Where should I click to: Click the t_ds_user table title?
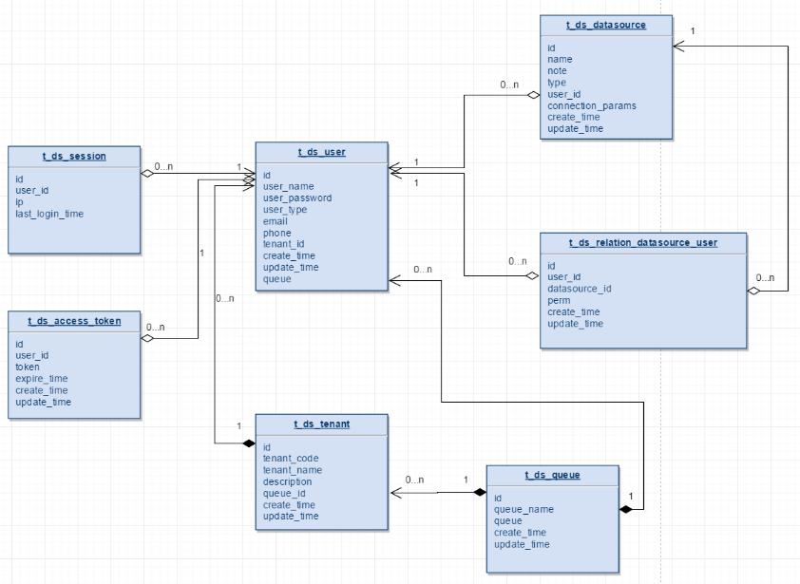pos(321,152)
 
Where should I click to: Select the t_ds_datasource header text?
pos(606,25)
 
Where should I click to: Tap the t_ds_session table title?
pos(74,156)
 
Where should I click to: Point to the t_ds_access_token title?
pos(74,321)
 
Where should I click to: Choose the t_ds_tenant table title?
pos(321,424)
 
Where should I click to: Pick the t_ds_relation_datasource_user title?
pos(643,242)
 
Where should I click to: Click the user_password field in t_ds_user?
pos(296,198)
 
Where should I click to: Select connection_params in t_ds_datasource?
pos(591,105)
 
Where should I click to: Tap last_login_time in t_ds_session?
pos(49,214)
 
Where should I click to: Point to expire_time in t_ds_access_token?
pos(42,379)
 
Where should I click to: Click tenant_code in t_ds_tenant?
pos(292,459)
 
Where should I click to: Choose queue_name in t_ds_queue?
pos(524,510)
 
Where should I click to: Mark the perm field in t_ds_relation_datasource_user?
pos(559,300)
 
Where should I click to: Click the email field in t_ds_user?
pos(276,221)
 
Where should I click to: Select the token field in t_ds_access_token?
pos(29,367)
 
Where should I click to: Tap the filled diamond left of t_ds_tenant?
pos(248,443)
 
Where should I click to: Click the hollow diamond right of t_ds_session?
pos(148,173)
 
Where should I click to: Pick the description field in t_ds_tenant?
pos(288,481)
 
